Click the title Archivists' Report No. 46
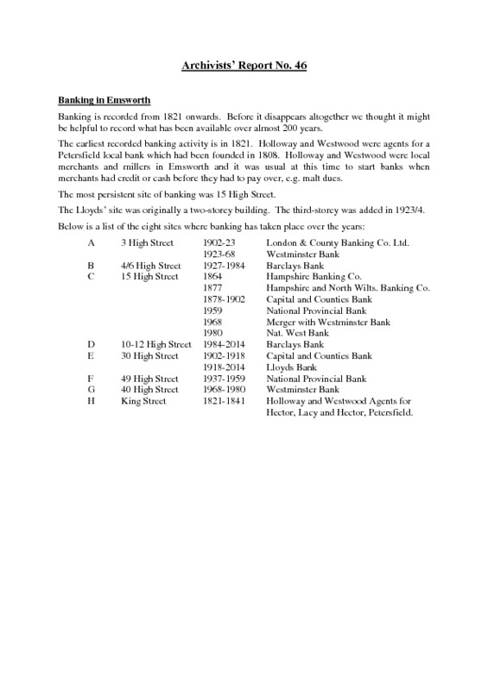click(244, 65)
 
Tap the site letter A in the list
click(91, 243)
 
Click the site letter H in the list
click(91, 400)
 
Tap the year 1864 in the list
click(212, 277)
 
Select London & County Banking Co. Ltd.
click(338, 243)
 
